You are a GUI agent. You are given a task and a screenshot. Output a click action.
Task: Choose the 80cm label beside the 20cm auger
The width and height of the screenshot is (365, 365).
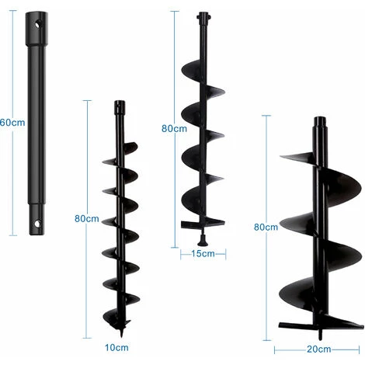click(266, 227)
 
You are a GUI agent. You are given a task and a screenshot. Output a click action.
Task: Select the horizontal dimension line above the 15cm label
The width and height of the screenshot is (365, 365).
click(203, 248)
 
